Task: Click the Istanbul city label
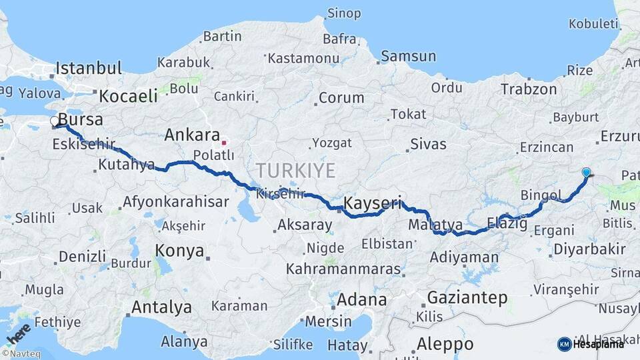[x=89, y=68]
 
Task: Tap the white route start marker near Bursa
[x=55, y=121]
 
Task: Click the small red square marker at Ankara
[x=224, y=142]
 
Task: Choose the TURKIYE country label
[x=295, y=170]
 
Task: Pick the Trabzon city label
[x=529, y=89]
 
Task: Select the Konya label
[x=179, y=250]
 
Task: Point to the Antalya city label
[x=161, y=307]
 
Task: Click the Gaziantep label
[x=467, y=297]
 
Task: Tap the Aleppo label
[x=445, y=344]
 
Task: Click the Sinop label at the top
[x=344, y=13]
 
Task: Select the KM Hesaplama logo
[x=591, y=344]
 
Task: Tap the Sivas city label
[x=428, y=143]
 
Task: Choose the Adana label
[x=361, y=299]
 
